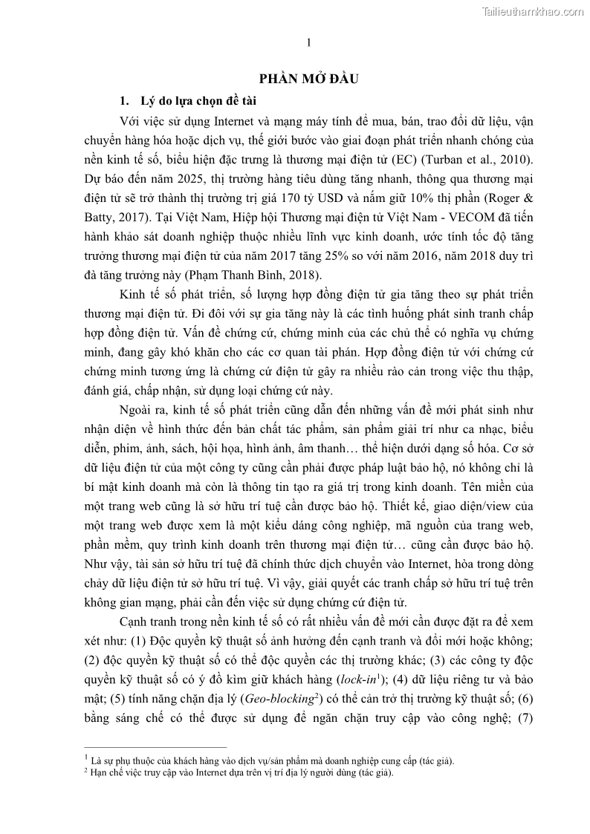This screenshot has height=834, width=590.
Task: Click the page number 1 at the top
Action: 308,42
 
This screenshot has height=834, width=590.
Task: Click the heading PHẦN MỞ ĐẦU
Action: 308,80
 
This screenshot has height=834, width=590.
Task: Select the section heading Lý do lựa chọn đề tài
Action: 195,100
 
